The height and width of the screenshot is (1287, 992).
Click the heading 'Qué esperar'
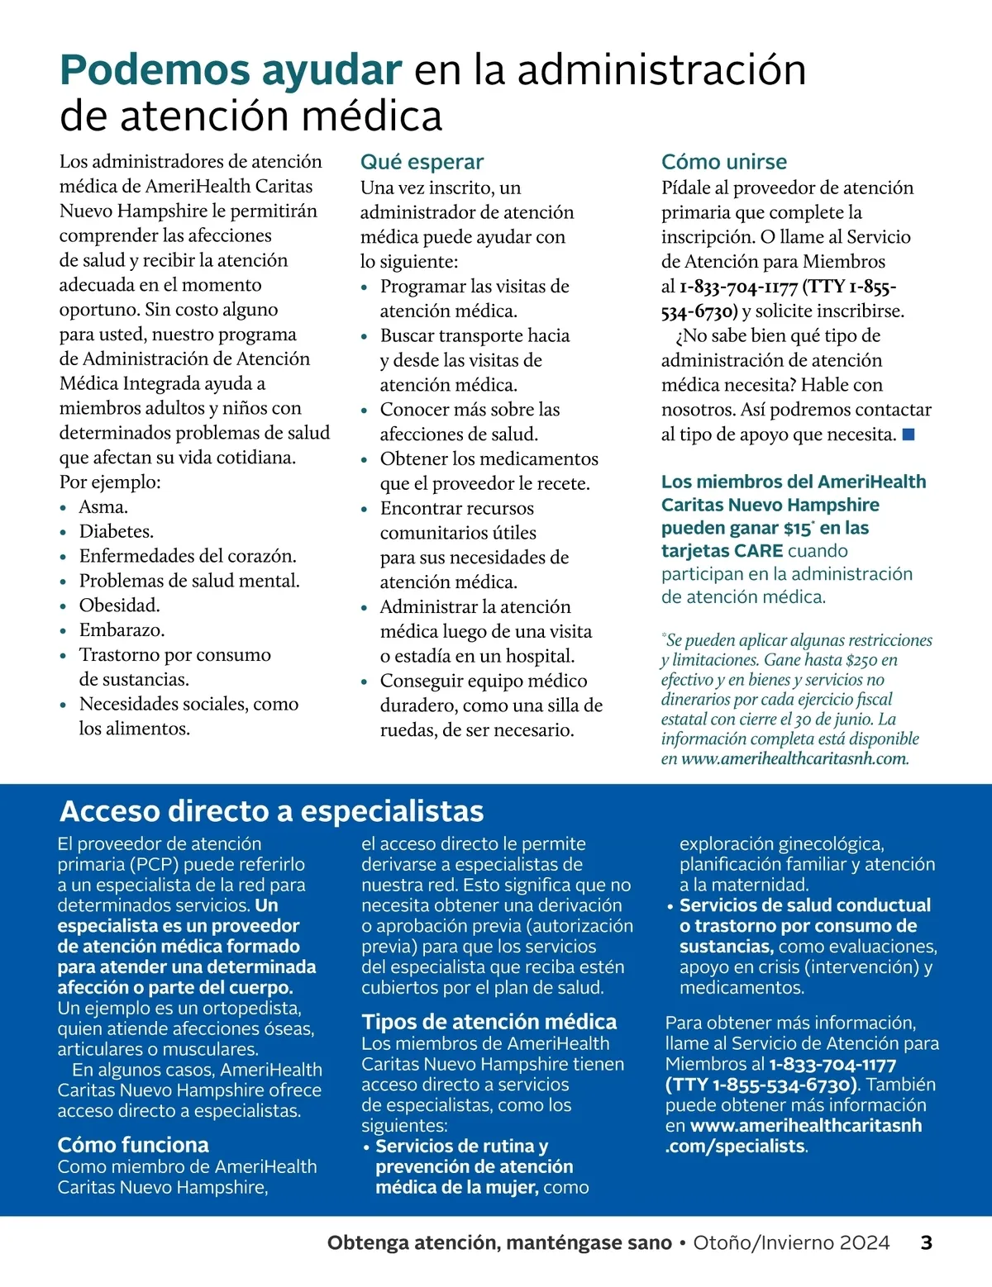(422, 162)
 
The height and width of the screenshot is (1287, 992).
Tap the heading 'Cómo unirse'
(723, 162)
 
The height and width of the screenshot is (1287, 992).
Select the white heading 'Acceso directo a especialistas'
(271, 811)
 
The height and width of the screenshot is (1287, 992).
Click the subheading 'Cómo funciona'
(133, 1145)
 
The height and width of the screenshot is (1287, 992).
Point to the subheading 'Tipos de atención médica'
(489, 1022)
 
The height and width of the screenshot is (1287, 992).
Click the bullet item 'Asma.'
(103, 506)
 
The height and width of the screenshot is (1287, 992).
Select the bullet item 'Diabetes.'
(116, 531)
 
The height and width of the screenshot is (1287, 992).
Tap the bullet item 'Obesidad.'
(119, 605)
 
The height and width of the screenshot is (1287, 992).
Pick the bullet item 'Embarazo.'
(122, 629)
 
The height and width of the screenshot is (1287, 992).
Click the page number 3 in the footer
(926, 1242)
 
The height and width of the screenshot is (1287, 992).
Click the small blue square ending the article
(909, 435)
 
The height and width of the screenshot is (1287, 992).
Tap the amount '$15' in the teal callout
(798, 529)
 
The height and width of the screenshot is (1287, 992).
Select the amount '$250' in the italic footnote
(862, 660)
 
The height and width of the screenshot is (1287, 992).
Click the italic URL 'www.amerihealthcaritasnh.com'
(794, 758)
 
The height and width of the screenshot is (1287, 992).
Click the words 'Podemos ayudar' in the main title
(231, 69)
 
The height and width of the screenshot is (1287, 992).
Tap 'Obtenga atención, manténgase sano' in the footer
(499, 1242)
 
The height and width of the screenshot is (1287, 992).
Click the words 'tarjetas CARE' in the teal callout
(722, 551)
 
